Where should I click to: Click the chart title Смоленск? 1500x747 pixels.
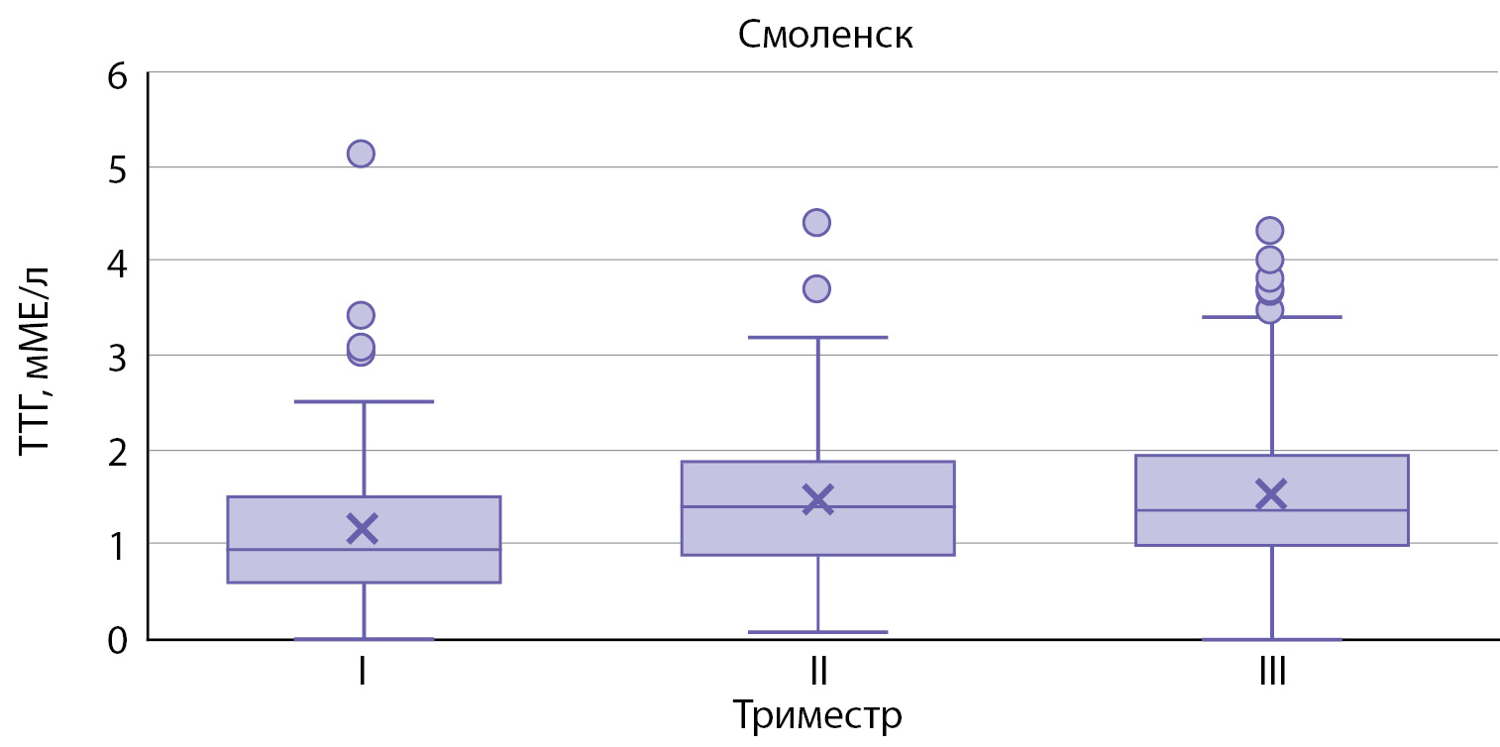coord(825,37)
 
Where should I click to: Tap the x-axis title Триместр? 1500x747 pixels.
coord(816,715)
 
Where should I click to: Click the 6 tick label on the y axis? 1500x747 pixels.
coord(118,76)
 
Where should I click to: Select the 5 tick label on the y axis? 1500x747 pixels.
coord(118,169)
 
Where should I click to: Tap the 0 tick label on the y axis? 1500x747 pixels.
coord(118,640)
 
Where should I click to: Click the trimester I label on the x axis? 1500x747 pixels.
coord(364,675)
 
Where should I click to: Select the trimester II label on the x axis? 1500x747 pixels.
coord(818,675)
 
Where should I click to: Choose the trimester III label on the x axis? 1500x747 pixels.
coord(1271,675)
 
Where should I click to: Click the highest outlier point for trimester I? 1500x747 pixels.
coord(361,154)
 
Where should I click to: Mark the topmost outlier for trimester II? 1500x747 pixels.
coord(816,222)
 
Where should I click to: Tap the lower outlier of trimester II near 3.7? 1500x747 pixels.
coord(816,289)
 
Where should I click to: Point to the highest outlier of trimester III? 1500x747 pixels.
coord(1270,230)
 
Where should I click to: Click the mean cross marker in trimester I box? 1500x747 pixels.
coord(363,528)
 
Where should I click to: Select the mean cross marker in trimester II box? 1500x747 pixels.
coord(817,498)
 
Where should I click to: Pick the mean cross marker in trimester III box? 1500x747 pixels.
coord(1271,493)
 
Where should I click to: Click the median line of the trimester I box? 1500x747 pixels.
coord(364,549)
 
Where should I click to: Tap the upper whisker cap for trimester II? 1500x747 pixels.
coord(818,337)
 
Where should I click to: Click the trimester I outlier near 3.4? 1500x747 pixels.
coord(361,315)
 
